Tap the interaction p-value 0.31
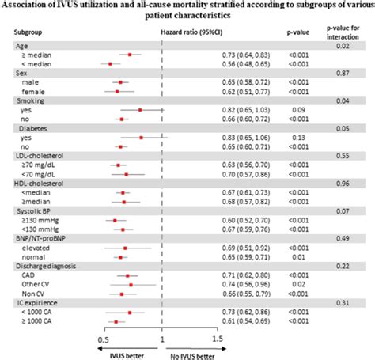tap(345, 303)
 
